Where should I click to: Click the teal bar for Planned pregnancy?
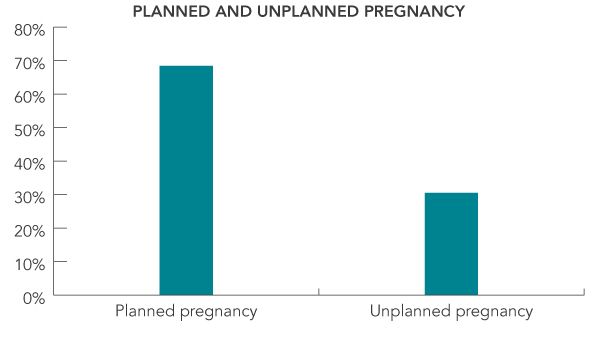[186, 180]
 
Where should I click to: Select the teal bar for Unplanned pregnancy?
[451, 243]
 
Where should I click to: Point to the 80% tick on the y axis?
[29, 28]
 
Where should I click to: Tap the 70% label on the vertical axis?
[29, 62]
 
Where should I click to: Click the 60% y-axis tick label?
[29, 95]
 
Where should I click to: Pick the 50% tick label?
[29, 129]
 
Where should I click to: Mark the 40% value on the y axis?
[29, 162]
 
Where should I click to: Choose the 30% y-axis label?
[29, 196]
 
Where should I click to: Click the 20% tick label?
[29, 229]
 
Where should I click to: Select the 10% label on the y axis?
[29, 263]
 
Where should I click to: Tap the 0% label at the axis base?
[33, 296]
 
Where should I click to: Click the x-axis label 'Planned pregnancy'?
[186, 311]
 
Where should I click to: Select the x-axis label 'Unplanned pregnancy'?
[451, 311]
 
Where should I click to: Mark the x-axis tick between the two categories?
[319, 292]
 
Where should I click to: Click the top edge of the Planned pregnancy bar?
[186, 67]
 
